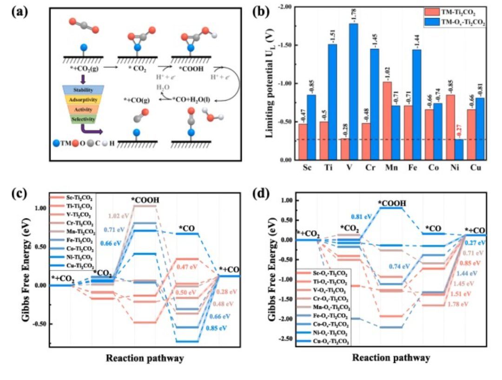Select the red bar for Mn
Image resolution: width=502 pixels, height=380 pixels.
(380, 121)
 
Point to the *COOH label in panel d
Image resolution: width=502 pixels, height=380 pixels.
(391, 204)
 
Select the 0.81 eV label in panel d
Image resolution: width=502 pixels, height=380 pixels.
(359, 217)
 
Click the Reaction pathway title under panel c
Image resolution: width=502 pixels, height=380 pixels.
(144, 359)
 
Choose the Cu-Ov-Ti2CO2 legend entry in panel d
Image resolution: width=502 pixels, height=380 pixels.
(331, 342)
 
